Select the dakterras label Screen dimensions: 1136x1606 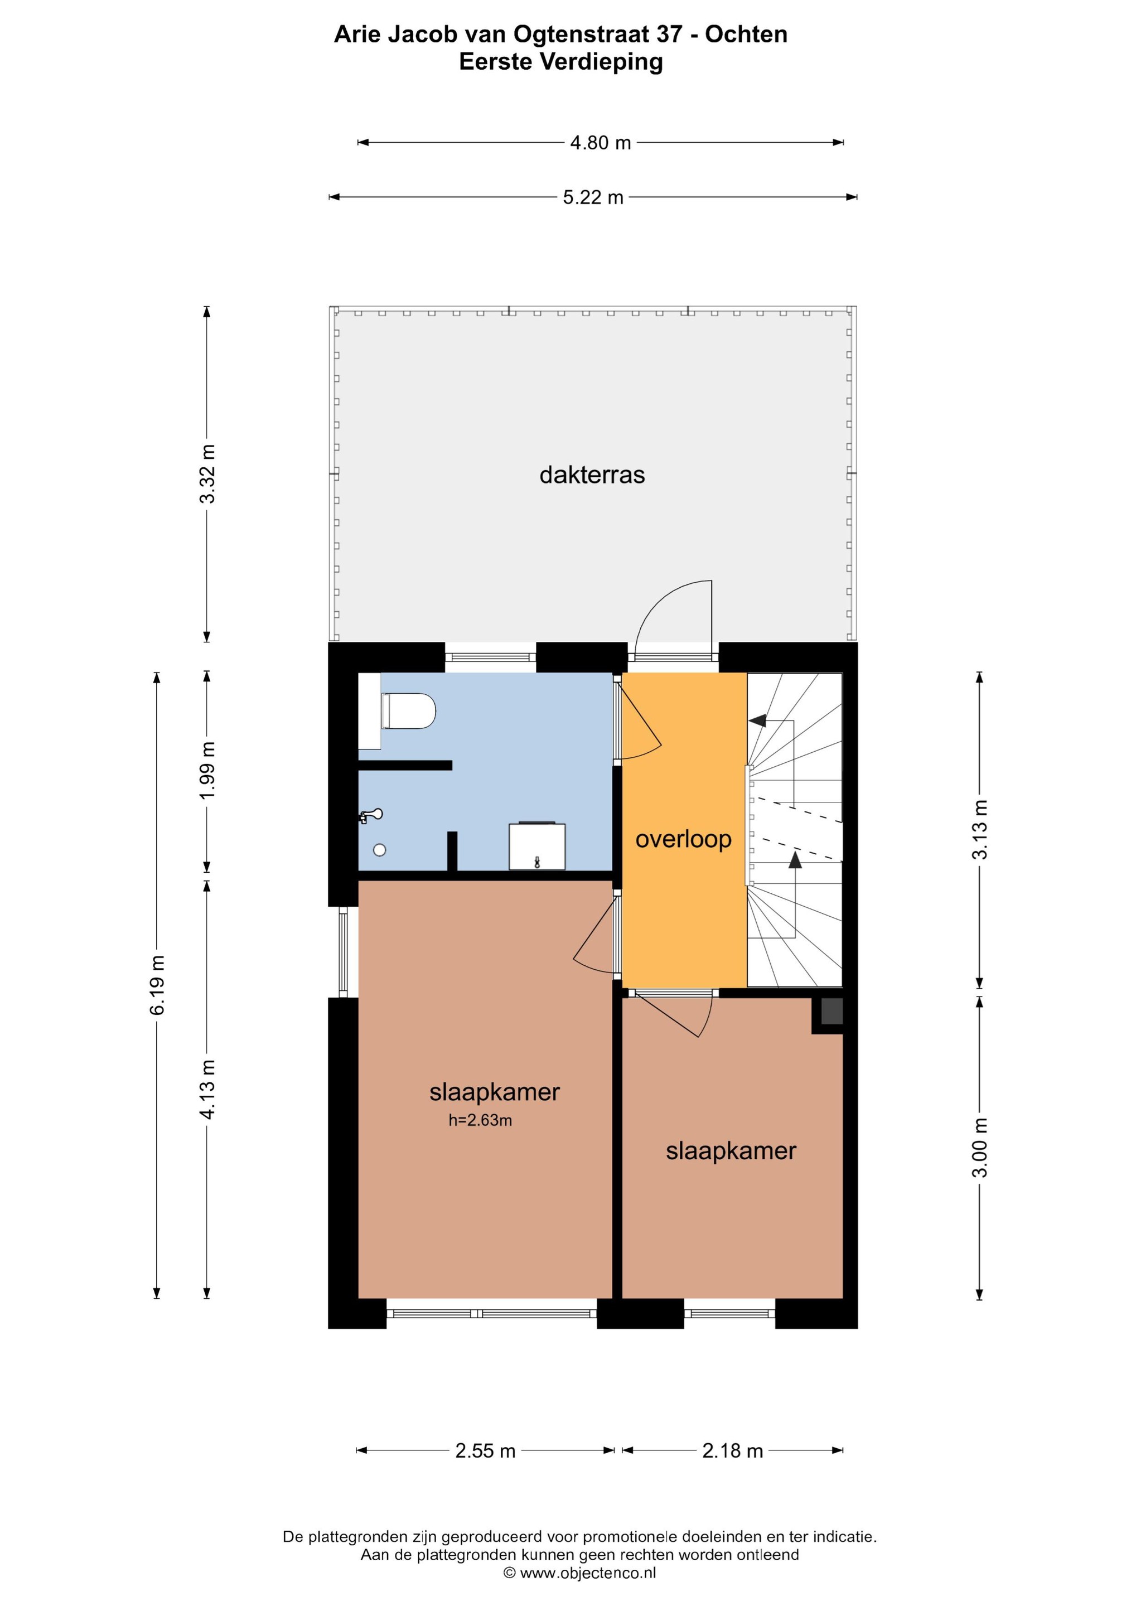tap(592, 475)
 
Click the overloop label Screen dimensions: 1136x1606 tap(683, 839)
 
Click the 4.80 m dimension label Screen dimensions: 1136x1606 tap(600, 143)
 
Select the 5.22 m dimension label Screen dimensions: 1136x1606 tap(593, 197)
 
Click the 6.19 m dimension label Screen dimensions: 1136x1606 tap(158, 985)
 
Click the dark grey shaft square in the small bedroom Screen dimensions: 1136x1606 tap(832, 1012)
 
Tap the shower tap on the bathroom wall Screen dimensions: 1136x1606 tap(371, 815)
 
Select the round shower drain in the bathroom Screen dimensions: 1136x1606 tap(380, 850)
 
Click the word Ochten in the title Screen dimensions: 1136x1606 tap(746, 34)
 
